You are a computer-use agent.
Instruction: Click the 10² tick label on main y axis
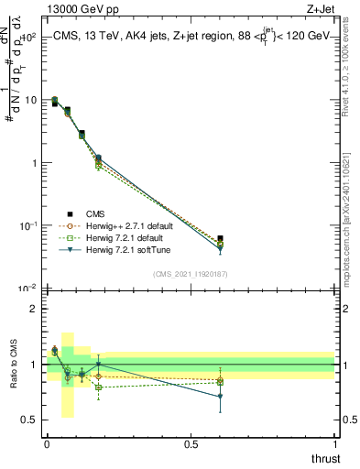pyautogui.click(x=27, y=38)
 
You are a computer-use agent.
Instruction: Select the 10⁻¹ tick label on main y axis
pyautogui.click(x=27, y=225)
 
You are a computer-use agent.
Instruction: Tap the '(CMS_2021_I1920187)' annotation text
pyautogui.click(x=190, y=274)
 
